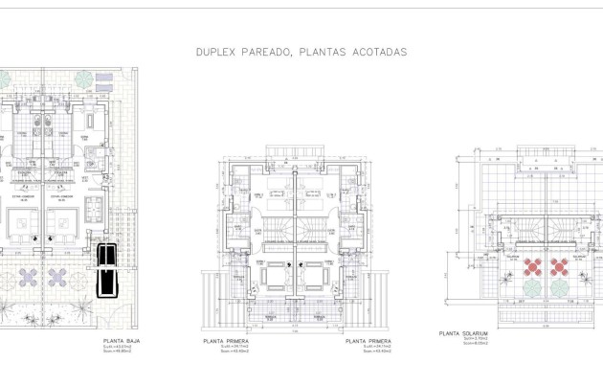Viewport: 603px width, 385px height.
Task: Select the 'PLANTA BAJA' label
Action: coord(122,340)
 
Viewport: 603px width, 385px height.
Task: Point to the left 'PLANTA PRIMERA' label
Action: coord(226,340)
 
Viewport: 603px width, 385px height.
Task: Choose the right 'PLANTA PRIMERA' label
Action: coord(368,340)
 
